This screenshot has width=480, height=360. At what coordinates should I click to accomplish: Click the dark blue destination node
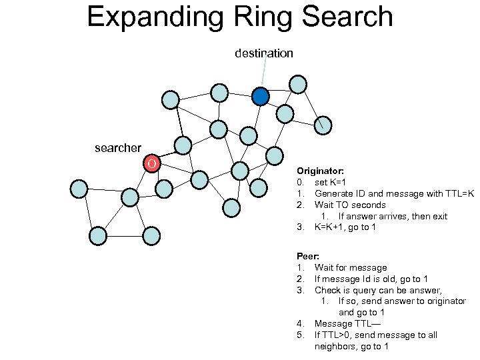tap(261, 97)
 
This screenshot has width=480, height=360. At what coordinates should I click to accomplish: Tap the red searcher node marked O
tap(152, 163)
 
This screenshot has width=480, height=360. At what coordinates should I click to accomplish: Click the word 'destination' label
tap(263, 53)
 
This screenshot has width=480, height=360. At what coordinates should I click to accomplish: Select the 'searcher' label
tap(118, 148)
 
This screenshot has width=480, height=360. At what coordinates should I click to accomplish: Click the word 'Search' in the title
tap(349, 17)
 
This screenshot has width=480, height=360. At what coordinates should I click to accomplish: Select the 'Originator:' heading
tap(320, 171)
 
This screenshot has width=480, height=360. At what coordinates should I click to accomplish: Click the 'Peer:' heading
tap(308, 256)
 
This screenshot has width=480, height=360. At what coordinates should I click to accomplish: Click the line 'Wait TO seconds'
tap(350, 205)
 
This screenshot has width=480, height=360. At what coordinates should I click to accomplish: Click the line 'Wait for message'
tap(351, 267)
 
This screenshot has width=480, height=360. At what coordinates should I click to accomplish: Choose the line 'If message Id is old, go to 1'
tap(379, 279)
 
